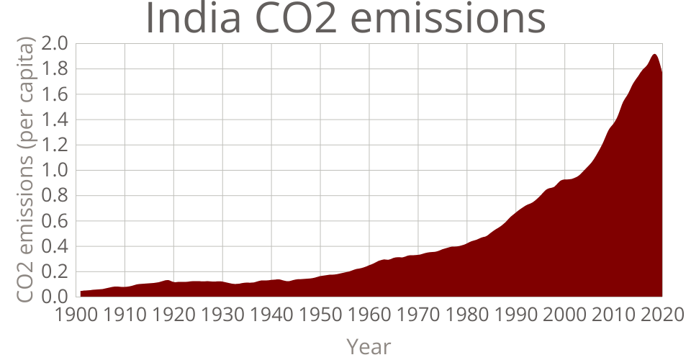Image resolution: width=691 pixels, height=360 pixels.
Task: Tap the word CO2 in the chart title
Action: [x=294, y=19]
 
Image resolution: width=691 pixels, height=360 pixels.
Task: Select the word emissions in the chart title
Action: [x=448, y=19]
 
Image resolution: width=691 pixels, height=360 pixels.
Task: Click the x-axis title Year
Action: [x=369, y=346]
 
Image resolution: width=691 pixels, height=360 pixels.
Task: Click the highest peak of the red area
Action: [x=654, y=55]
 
